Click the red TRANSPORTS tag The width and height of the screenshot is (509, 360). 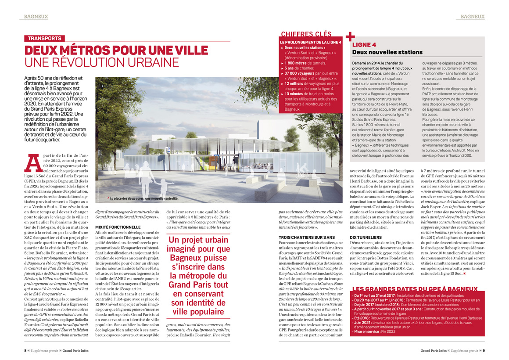click(x=45, y=38)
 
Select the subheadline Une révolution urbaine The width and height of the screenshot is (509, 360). click(x=101, y=62)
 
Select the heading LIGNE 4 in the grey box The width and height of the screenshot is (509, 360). click(x=364, y=45)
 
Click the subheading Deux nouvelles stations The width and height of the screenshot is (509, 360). click(x=387, y=52)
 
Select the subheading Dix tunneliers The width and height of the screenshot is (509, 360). click(x=363, y=238)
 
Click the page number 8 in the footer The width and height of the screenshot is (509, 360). click(x=25, y=351)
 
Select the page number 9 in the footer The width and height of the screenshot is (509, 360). click(x=484, y=351)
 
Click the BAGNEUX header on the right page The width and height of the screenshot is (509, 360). click(x=473, y=17)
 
